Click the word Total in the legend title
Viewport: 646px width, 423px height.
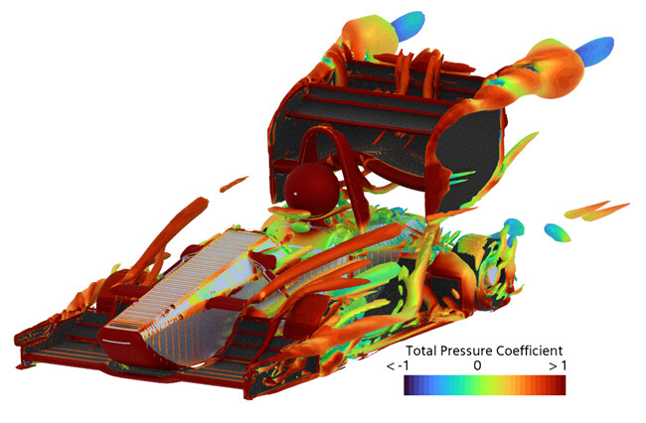click(421, 351)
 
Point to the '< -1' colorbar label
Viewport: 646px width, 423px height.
click(398, 365)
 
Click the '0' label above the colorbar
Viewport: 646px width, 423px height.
click(477, 365)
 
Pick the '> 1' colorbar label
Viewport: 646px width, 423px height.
click(558, 365)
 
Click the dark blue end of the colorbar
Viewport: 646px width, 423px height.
click(407, 385)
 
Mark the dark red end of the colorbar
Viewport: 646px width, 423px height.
click(562, 385)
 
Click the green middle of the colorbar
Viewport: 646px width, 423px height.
click(477, 385)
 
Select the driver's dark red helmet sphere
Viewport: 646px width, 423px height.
click(311, 189)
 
